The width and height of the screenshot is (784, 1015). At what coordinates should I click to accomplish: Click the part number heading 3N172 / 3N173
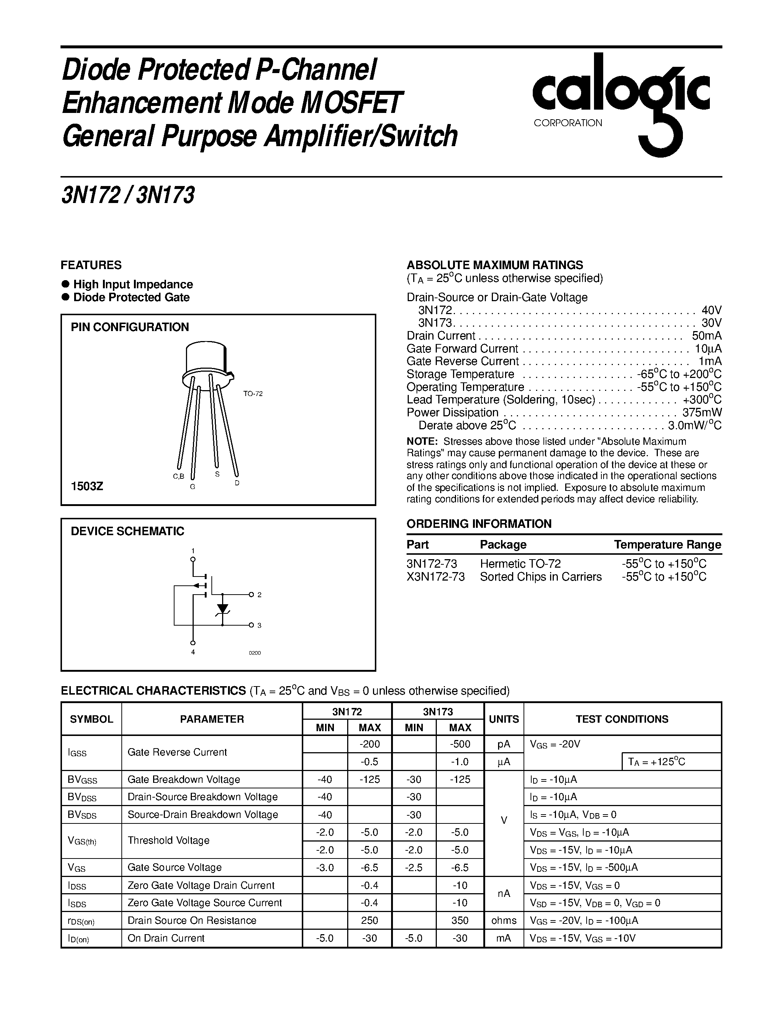coord(128,195)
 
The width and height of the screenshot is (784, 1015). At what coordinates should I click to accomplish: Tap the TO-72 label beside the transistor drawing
coord(253,394)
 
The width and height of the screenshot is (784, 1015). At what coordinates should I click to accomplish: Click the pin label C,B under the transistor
coord(178,476)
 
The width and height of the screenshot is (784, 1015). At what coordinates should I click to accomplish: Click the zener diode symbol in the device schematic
coord(223,609)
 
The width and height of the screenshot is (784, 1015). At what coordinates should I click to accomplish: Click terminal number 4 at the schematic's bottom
coord(193,652)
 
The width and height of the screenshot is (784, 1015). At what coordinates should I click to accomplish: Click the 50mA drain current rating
coord(707,336)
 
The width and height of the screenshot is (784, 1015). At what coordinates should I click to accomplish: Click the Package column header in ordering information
coord(503,545)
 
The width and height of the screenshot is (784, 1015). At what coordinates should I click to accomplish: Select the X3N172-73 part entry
coord(435,577)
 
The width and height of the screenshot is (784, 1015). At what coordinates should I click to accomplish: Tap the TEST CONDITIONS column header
coord(622,719)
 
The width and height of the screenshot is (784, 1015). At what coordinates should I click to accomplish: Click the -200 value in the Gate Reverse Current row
coord(370,744)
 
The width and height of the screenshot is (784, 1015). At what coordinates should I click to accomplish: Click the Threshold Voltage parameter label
coord(168,840)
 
